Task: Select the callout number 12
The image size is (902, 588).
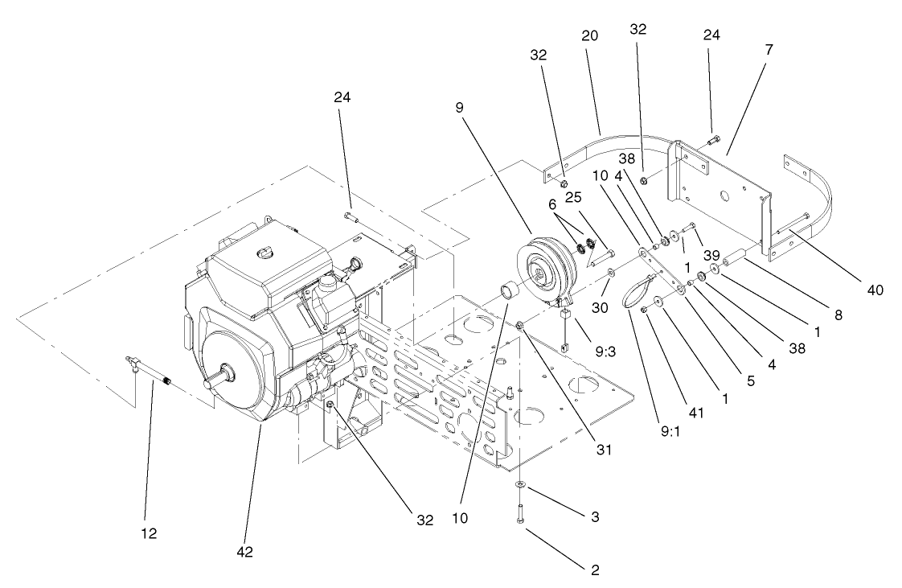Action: [150, 532]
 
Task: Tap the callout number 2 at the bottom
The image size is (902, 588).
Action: [594, 569]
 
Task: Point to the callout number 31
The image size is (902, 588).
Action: [603, 450]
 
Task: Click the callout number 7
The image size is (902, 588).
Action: [769, 50]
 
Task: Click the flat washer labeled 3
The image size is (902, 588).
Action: [522, 485]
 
